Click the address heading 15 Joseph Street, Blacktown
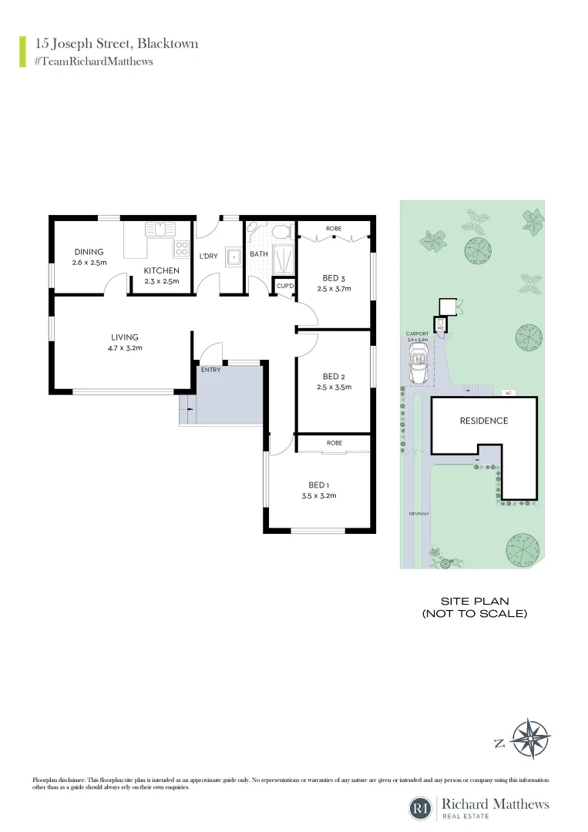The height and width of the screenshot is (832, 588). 116,43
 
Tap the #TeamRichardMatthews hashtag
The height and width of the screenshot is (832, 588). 93,61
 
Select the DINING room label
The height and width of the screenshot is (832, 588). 89,252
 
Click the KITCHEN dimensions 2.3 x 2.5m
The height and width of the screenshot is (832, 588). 161,281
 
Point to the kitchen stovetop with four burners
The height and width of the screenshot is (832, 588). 182,248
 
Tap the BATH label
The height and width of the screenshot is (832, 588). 259,253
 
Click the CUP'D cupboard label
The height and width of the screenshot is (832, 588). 285,286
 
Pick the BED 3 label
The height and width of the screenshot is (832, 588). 334,278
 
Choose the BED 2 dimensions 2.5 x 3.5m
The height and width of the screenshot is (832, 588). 334,387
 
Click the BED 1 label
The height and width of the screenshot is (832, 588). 318,485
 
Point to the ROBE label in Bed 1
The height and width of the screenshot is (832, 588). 334,443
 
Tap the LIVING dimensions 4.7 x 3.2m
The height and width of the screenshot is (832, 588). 124,348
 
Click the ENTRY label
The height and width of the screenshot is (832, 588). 210,371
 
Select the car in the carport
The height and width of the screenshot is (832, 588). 419,364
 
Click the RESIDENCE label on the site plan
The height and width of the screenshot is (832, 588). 484,421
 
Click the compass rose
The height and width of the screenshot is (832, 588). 531,740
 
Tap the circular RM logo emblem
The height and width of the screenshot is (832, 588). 422,808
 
